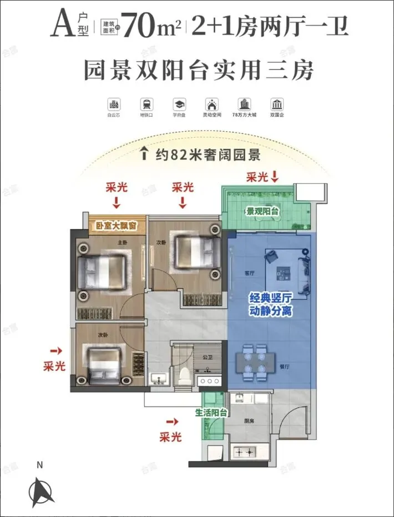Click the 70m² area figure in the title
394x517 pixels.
click(151, 25)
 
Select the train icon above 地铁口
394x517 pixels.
click(147, 104)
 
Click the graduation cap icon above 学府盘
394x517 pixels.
click(179, 104)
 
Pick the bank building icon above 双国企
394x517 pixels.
click(276, 104)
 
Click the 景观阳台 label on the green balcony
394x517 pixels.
click(262, 212)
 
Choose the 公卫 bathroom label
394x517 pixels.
click(208, 357)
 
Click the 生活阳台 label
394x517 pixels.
click(211, 413)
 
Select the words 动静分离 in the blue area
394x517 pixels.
click(270, 312)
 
